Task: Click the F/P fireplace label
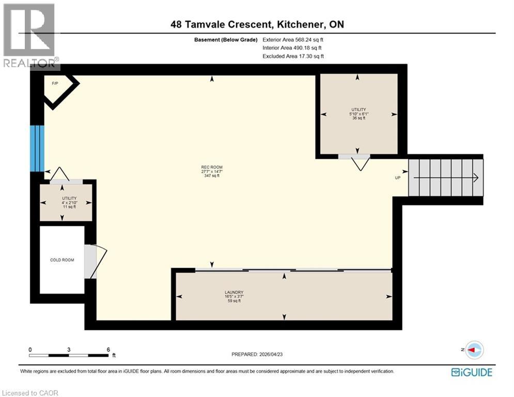pyautogui.click(x=54, y=83)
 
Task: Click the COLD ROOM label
pyautogui.click(x=61, y=260)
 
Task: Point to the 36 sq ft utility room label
pyautogui.click(x=359, y=114)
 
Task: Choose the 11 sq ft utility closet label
pyautogui.click(x=69, y=202)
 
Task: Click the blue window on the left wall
pyautogui.click(x=37, y=148)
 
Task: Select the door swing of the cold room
pyautogui.click(x=96, y=261)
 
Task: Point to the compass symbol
pyautogui.click(x=474, y=350)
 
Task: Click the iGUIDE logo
pyautogui.click(x=471, y=372)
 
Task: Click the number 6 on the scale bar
pyautogui.click(x=108, y=349)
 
